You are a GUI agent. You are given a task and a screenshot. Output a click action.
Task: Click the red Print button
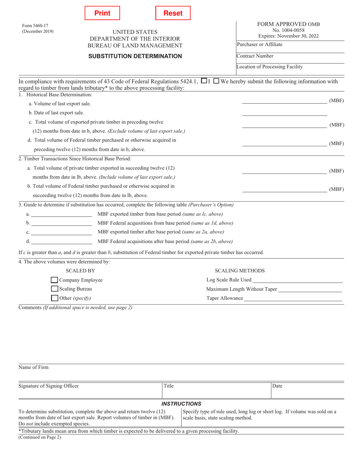click(102, 13)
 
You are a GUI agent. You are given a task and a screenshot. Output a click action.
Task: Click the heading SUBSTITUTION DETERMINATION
click(135, 56)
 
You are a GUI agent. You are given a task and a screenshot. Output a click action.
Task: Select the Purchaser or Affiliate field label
click(260, 45)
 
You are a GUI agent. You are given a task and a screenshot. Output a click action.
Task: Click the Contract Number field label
click(255, 56)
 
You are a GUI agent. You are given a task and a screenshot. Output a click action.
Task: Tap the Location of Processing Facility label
click(269, 67)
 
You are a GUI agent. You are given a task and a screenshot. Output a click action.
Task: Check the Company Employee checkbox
click(54, 280)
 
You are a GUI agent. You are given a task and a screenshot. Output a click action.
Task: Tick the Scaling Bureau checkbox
click(54, 289)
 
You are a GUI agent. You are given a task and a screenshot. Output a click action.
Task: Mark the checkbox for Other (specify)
click(54, 298)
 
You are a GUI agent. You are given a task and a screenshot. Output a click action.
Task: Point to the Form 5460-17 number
click(33, 26)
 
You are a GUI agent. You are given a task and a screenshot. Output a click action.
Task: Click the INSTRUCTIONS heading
click(181, 404)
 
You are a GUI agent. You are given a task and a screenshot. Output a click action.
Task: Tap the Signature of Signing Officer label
click(49, 386)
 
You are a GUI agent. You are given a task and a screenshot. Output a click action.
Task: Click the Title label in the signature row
click(169, 386)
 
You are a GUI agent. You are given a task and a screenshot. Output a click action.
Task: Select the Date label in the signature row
click(277, 386)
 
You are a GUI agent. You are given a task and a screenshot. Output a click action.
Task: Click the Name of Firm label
click(34, 367)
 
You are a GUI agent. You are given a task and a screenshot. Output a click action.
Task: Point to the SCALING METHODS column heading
click(239, 271)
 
